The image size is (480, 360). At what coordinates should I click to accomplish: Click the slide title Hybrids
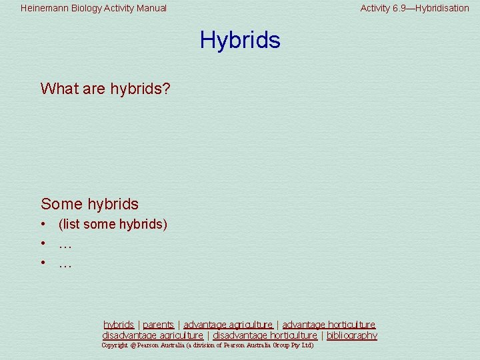(x=240, y=40)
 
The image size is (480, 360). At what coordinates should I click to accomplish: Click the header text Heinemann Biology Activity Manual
(x=93, y=9)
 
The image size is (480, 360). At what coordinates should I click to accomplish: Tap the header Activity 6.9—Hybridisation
(x=415, y=9)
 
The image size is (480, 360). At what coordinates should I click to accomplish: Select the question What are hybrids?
(x=105, y=89)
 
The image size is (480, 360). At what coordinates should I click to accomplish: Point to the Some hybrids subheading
(x=89, y=204)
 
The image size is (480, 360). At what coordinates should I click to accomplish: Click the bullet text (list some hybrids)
(x=113, y=225)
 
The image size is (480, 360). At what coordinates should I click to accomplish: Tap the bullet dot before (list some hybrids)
(x=42, y=225)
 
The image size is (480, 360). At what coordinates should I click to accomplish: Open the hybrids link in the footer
(x=119, y=325)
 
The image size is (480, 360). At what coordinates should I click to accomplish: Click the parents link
(x=158, y=325)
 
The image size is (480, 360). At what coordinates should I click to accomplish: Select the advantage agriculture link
(x=228, y=325)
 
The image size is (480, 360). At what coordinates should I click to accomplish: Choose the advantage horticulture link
(x=329, y=325)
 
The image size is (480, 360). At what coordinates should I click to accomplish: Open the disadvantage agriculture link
(x=153, y=335)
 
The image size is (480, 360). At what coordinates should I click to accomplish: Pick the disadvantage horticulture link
(x=265, y=335)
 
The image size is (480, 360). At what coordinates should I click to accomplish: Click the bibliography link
(x=351, y=335)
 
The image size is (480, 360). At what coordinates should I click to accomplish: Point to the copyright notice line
(x=207, y=345)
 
